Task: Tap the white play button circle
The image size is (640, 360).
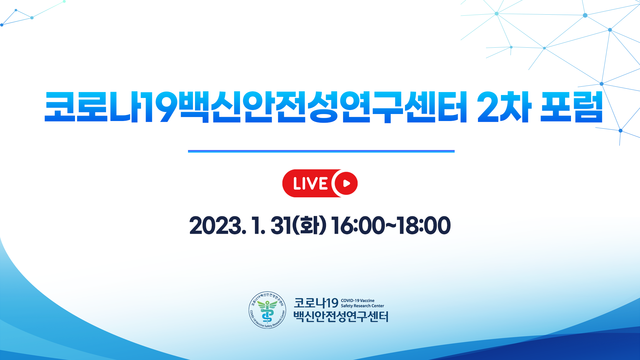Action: pyautogui.click(x=346, y=183)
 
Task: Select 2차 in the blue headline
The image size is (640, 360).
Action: pyautogui.click(x=504, y=107)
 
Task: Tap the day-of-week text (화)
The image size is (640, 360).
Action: pyautogui.click(x=309, y=225)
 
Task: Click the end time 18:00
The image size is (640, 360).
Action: pyautogui.click(x=424, y=225)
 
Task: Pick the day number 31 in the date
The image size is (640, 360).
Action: pyautogui.click(x=280, y=225)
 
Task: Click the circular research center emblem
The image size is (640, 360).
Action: pyautogui.click(x=267, y=310)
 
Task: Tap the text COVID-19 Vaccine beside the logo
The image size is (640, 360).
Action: pyautogui.click(x=358, y=301)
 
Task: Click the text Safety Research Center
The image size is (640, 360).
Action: pyautogui.click(x=362, y=306)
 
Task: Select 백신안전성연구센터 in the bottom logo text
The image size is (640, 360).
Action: pyautogui.click(x=341, y=316)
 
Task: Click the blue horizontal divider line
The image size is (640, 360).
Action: pyautogui.click(x=321, y=151)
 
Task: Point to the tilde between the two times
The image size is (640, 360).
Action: pyautogui.click(x=391, y=225)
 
